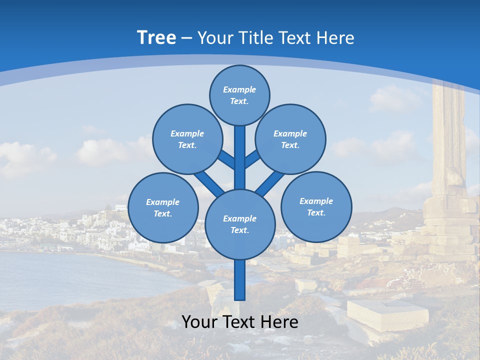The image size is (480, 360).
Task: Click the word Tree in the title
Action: click(156, 38)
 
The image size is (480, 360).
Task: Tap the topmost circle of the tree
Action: click(239, 95)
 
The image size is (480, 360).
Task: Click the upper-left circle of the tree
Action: click(187, 139)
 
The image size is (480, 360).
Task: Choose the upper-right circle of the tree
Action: click(290, 139)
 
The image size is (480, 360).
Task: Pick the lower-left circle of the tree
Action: click(162, 207)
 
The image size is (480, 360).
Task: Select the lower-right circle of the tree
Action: click(316, 206)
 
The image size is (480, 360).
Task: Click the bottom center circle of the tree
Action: click(240, 224)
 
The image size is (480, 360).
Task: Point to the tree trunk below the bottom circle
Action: click(240, 280)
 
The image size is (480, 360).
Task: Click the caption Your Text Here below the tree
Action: click(240, 322)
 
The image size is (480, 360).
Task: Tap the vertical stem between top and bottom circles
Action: click(240, 157)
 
